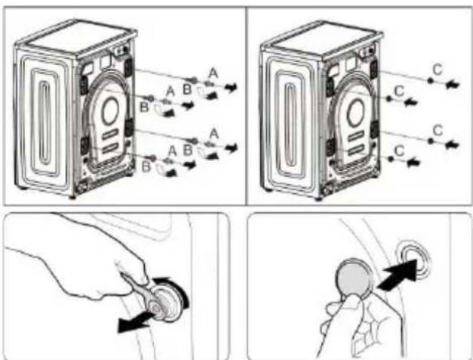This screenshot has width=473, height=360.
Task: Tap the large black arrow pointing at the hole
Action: pos(397,275)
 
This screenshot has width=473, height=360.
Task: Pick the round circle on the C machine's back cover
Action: pos(356,112)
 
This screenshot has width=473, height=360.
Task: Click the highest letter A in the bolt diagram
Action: pos(213,73)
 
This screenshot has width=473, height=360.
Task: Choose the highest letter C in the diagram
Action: pos(437,70)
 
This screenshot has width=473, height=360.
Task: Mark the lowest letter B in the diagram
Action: pos(146,166)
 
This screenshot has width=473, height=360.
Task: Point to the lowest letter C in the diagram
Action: pos(400,151)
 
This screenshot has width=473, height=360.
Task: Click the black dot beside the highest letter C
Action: pos(430,81)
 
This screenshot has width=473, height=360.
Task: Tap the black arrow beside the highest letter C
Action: pos(452,84)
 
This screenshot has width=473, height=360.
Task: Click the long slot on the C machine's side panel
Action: pos(291,125)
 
